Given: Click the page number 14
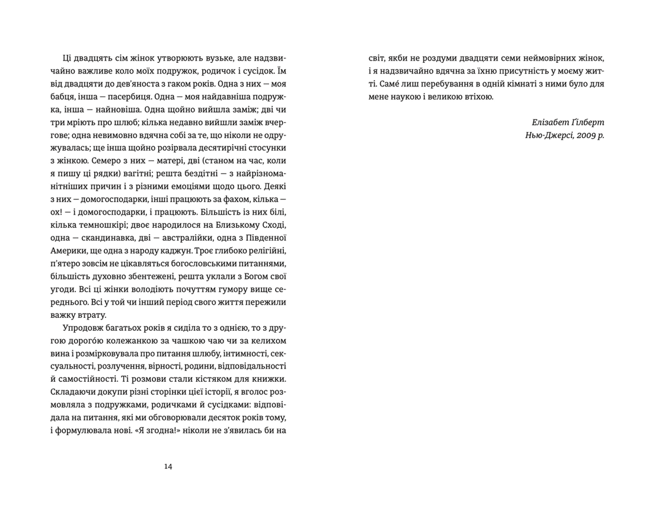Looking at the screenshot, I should (168, 467).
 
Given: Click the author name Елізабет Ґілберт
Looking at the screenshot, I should (568, 122).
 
